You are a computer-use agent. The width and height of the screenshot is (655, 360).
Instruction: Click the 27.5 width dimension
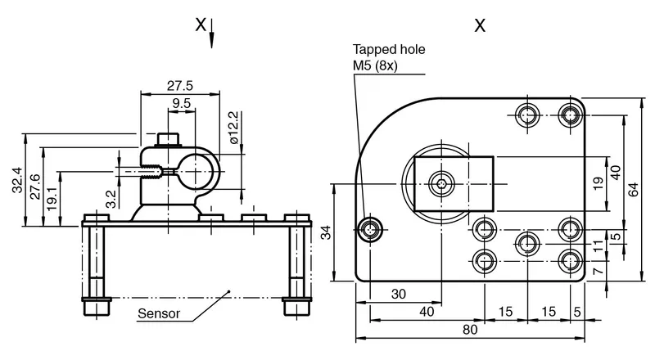[180, 86]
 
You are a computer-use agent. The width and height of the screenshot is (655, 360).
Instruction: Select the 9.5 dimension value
[181, 103]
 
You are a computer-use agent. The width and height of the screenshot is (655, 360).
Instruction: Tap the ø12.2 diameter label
[234, 128]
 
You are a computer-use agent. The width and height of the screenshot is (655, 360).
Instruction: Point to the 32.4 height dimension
[17, 180]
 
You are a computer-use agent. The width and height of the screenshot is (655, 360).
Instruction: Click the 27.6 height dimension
[35, 187]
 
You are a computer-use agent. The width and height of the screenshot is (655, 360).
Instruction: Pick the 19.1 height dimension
[52, 198]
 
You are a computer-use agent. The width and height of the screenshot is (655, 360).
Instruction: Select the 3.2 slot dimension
[111, 199]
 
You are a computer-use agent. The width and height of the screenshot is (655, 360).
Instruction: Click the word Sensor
[159, 313]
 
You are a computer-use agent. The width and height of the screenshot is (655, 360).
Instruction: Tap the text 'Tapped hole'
[389, 49]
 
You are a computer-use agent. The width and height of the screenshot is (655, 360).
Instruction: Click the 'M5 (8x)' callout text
[375, 65]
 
